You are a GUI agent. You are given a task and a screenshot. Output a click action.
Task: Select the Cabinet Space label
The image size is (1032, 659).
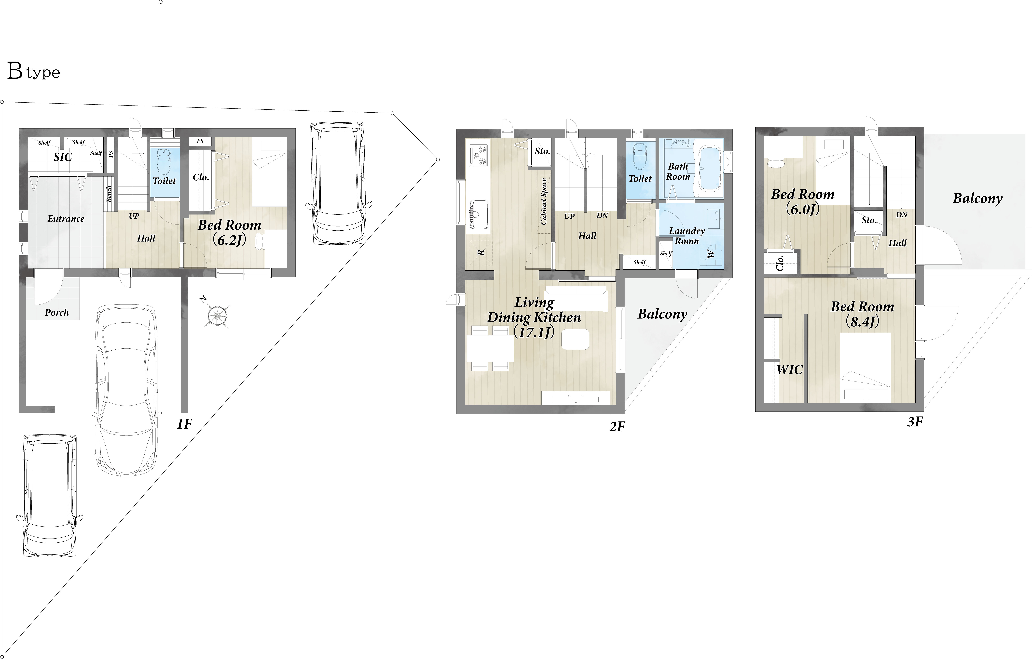pyautogui.click(x=544, y=201)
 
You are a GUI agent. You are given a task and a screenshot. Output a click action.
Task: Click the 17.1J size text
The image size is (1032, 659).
pyautogui.click(x=534, y=332)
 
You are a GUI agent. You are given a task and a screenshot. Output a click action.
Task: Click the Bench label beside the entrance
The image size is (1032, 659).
pyautogui.click(x=109, y=194)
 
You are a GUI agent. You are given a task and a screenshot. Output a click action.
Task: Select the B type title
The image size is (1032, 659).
pyautogui.click(x=33, y=71)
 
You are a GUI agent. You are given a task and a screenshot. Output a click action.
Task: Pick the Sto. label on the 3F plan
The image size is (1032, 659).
pyautogui.click(x=869, y=220)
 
